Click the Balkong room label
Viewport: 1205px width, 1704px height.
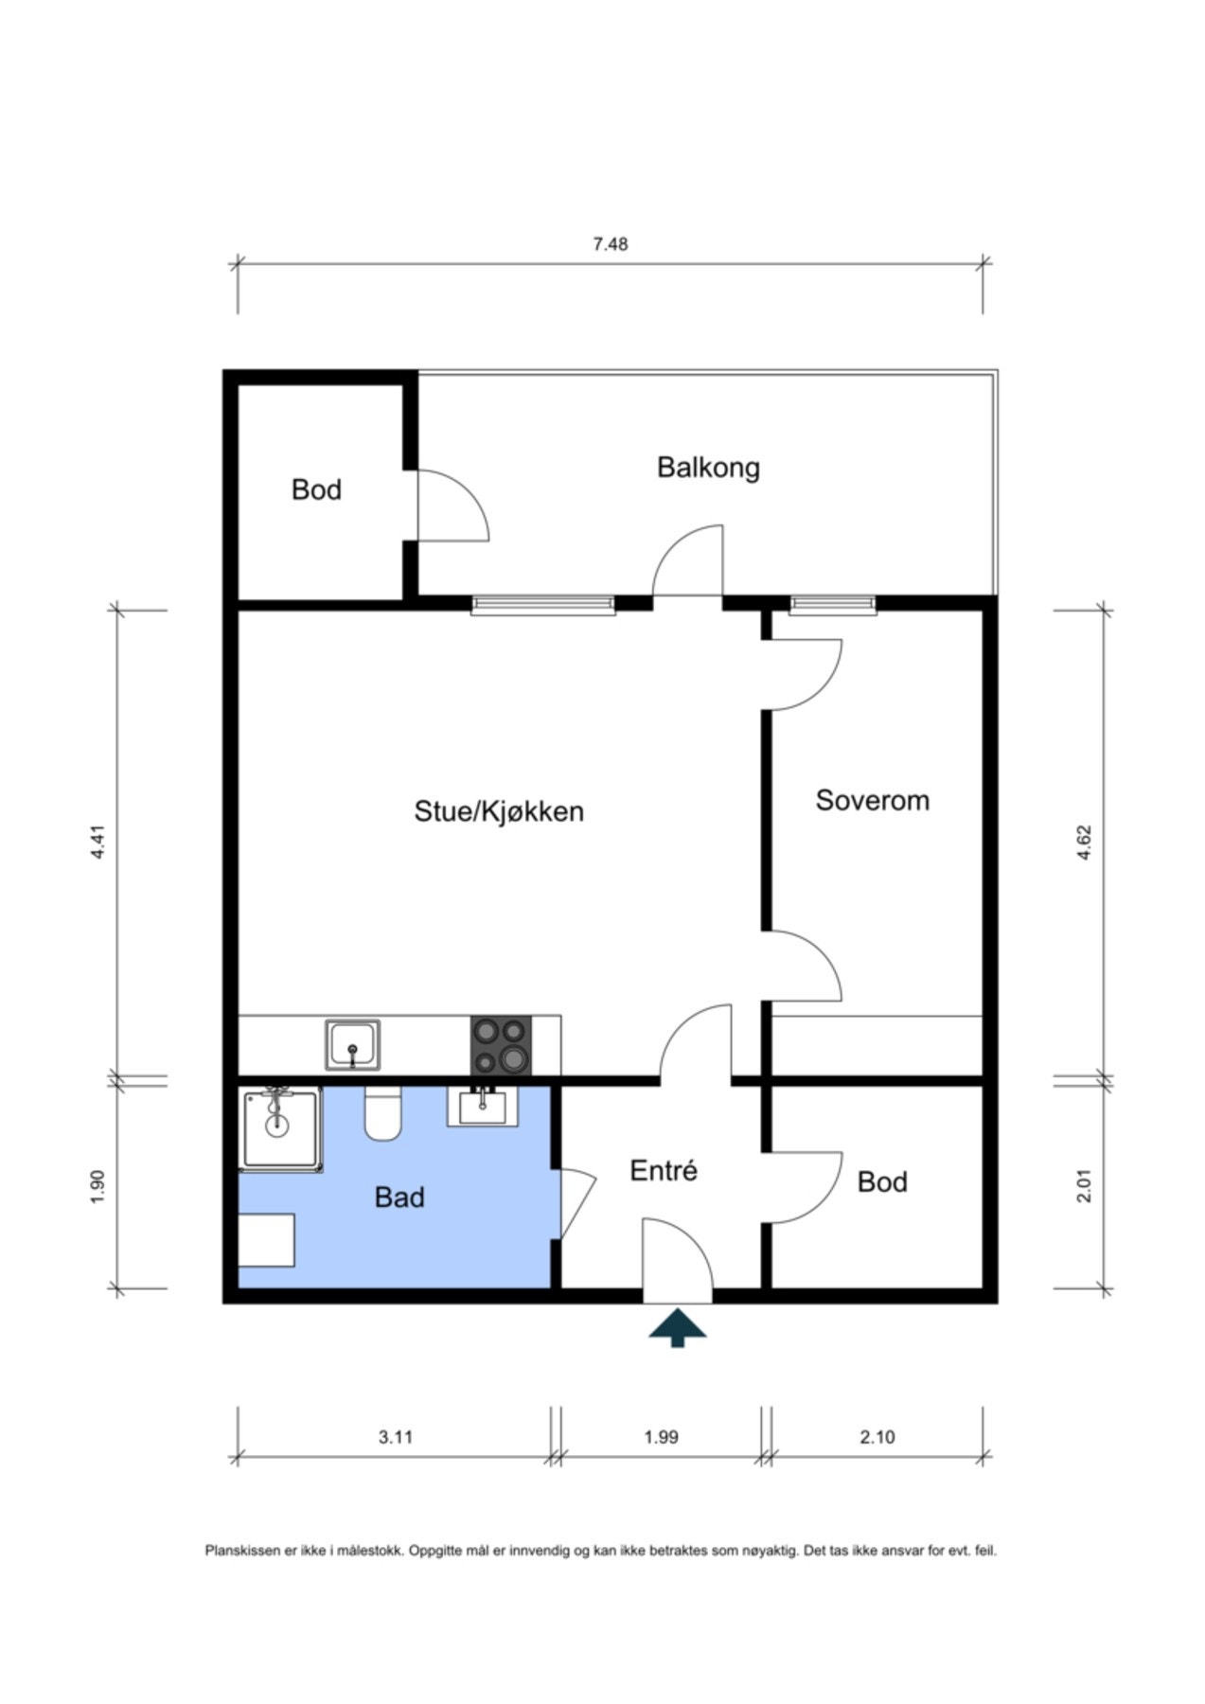pyautogui.click(x=708, y=468)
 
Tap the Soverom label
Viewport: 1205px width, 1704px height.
pyautogui.click(x=873, y=801)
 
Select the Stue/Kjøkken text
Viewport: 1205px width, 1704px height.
pyautogui.click(x=499, y=811)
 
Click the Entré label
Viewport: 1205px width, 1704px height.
pyautogui.click(x=664, y=1171)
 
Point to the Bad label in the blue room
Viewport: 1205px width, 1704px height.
pyautogui.click(x=399, y=1198)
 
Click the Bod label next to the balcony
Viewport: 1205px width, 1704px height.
pyautogui.click(x=316, y=489)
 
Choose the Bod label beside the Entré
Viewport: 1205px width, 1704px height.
pyautogui.click(x=882, y=1181)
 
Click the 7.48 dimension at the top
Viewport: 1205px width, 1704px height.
pyautogui.click(x=611, y=244)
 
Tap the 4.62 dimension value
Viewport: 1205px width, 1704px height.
pyautogui.click(x=1085, y=843)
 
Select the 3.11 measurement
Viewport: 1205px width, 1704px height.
pyautogui.click(x=396, y=1437)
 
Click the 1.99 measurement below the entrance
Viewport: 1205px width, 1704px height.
pyautogui.click(x=662, y=1437)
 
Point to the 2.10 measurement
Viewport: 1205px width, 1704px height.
pyautogui.click(x=877, y=1437)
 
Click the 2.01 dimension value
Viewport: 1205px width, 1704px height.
pyautogui.click(x=1085, y=1185)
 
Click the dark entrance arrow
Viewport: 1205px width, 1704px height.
pyautogui.click(x=678, y=1326)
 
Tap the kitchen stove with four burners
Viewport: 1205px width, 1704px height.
pyautogui.click(x=501, y=1045)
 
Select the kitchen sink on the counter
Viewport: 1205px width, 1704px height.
pyautogui.click(x=353, y=1044)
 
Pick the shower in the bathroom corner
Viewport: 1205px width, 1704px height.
pyautogui.click(x=281, y=1128)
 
